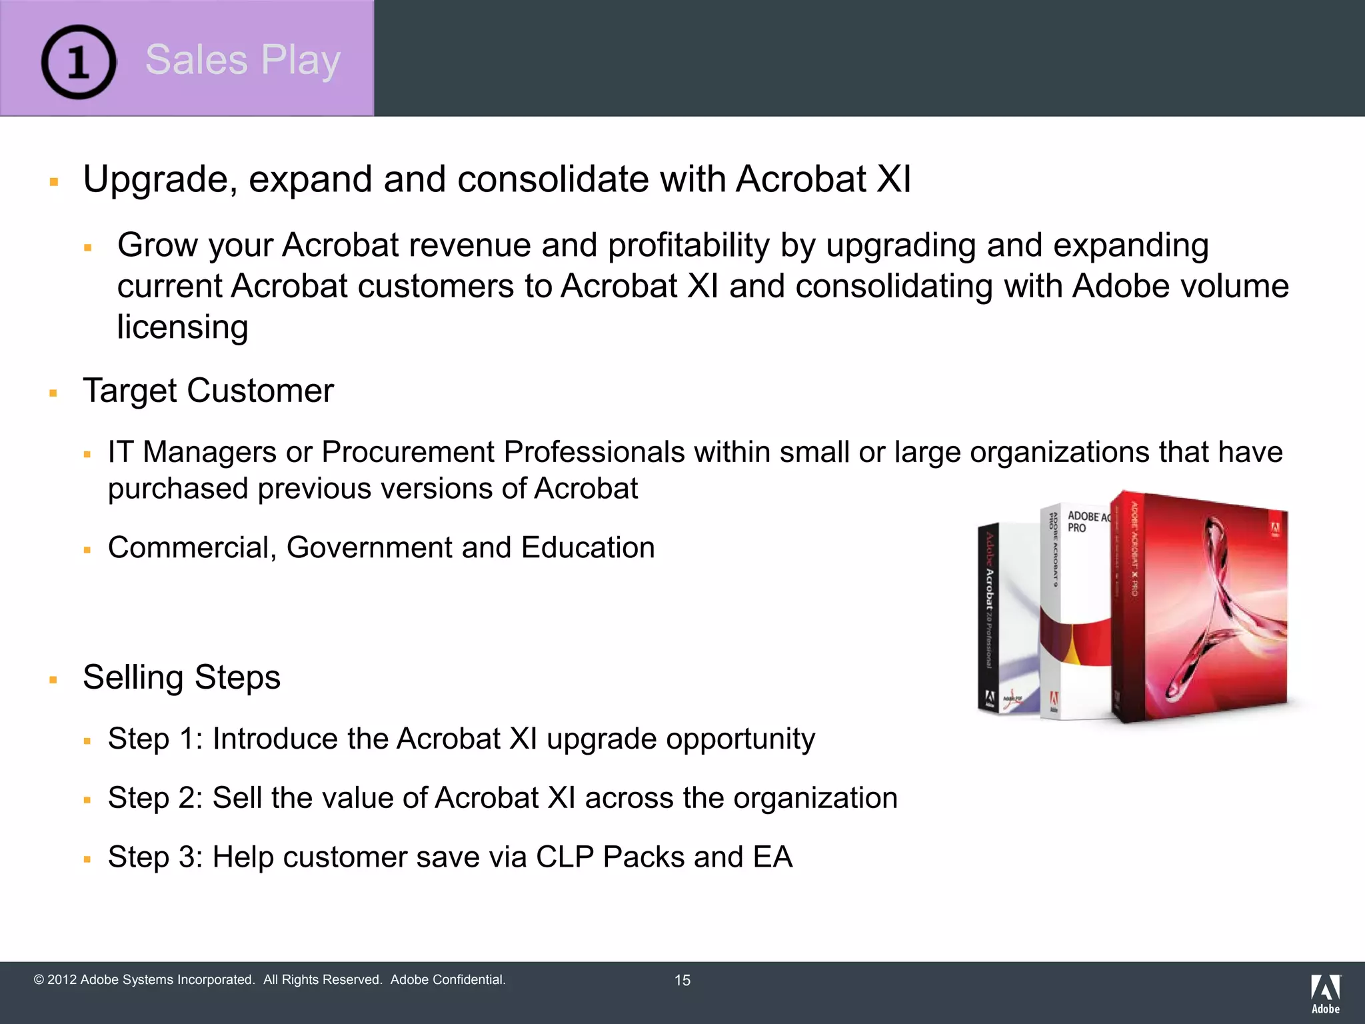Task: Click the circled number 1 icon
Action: point(79,61)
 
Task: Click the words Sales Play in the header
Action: point(243,60)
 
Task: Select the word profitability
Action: point(688,245)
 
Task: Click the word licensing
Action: point(182,327)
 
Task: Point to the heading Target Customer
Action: point(208,391)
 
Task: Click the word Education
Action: point(587,548)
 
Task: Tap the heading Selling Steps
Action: point(181,677)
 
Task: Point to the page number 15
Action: point(682,980)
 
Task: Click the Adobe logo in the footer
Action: point(1325,993)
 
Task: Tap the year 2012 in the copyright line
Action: point(62,980)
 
